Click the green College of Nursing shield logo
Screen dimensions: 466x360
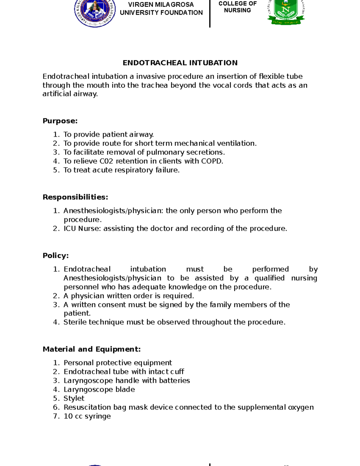pyautogui.click(x=286, y=12)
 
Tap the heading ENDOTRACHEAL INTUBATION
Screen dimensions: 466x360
pyautogui.click(x=180, y=63)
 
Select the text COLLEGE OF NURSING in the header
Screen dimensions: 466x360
pyautogui.click(x=237, y=7)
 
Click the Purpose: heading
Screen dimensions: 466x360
pyautogui.click(x=60, y=121)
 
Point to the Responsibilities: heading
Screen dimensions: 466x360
pyautogui.click(x=75, y=197)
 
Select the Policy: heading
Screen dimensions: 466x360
pyautogui.click(x=55, y=256)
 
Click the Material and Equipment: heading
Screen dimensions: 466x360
pyautogui.click(x=91, y=349)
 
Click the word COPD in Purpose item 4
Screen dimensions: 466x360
pyautogui.click(x=212, y=161)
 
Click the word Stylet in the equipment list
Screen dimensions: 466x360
pyautogui.click(x=74, y=398)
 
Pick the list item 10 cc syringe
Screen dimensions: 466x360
pyautogui.click(x=87, y=416)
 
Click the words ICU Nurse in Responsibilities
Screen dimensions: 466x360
pyautogui.click(x=82, y=229)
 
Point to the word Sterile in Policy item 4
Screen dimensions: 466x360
pyautogui.click(x=75, y=322)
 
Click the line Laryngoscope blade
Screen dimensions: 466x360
pyautogui.click(x=99, y=389)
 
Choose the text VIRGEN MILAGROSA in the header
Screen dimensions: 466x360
pyautogui.click(x=161, y=5)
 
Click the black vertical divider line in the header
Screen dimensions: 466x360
pyautogui.click(x=210, y=14)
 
